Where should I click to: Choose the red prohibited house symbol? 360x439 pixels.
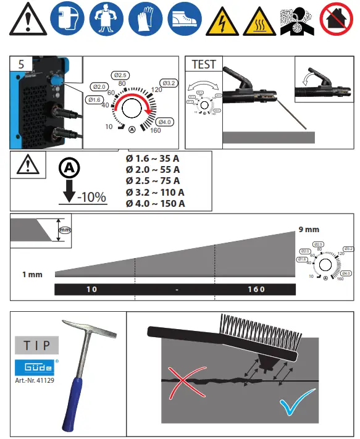point(336,19)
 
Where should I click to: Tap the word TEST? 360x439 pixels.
point(204,64)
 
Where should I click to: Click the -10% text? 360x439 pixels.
point(91,198)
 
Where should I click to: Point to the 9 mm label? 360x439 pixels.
point(309,229)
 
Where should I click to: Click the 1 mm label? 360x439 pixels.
point(31,274)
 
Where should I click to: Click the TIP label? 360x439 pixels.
point(37,343)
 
